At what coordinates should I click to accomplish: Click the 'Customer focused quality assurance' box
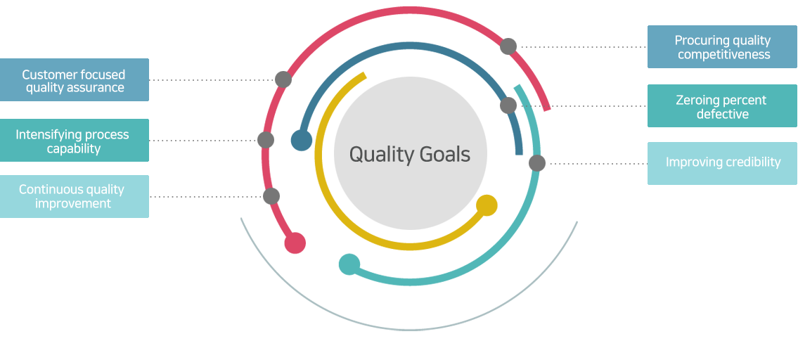(75, 80)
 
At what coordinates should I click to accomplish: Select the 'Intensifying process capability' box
(75, 141)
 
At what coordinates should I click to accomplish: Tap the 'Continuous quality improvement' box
(75, 197)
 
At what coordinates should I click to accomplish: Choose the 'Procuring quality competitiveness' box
(722, 47)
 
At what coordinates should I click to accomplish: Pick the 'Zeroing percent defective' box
(722, 106)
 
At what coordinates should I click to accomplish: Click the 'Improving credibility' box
(722, 163)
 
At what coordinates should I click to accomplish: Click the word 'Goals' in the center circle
(445, 154)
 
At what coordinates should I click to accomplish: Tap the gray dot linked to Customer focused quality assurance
(283, 79)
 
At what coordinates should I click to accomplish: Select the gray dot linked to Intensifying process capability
(266, 140)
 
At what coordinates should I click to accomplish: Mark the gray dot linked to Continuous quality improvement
(271, 196)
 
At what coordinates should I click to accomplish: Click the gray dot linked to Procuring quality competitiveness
(508, 46)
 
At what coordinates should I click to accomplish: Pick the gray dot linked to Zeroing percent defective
(508, 105)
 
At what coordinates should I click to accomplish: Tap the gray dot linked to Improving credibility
(537, 163)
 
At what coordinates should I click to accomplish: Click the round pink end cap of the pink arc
(295, 243)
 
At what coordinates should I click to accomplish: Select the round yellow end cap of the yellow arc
(487, 205)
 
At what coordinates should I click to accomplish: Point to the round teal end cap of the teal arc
(349, 264)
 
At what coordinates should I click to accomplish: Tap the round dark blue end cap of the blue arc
(302, 140)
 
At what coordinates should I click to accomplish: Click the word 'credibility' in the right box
(749, 162)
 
